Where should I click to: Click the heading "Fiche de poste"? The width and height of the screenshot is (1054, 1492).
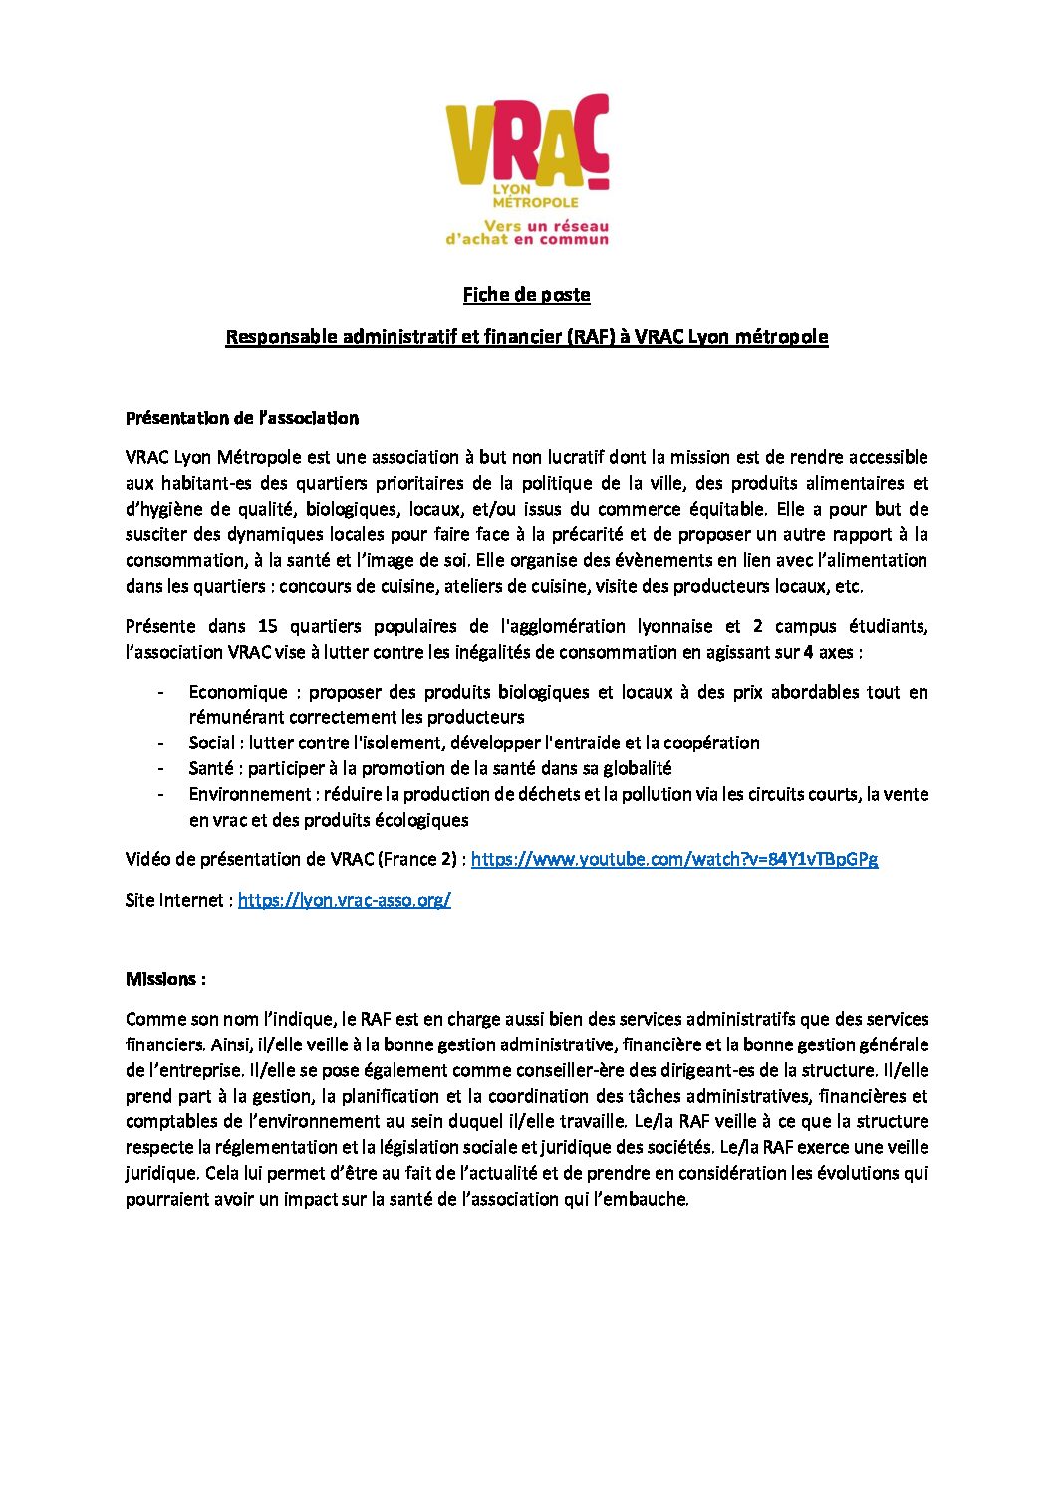[x=526, y=295]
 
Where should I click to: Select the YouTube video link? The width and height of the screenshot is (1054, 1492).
[x=673, y=859]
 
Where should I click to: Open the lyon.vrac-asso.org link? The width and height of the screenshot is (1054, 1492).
[x=344, y=900]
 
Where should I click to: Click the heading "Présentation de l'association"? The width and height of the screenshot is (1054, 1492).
[x=242, y=418]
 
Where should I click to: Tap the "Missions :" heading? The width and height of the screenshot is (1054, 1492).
[x=165, y=979]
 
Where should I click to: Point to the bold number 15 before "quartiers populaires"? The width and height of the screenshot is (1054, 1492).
[x=267, y=626]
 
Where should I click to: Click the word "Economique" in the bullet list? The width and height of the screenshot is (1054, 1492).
[x=238, y=692]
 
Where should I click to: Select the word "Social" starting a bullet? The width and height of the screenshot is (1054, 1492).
[x=212, y=743]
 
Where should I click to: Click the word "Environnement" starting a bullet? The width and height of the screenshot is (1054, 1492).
[x=250, y=794]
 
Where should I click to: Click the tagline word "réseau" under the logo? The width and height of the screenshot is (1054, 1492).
[x=580, y=226]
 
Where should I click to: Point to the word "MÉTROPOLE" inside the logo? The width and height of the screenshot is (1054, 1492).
[x=535, y=202]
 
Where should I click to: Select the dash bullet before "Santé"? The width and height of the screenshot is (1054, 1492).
[x=160, y=768]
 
